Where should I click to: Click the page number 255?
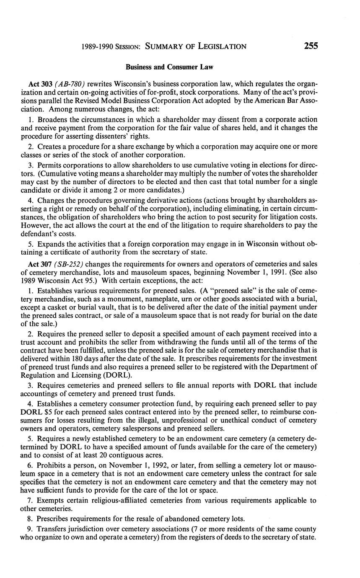point(311,46)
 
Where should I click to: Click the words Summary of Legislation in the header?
point(196,46)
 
